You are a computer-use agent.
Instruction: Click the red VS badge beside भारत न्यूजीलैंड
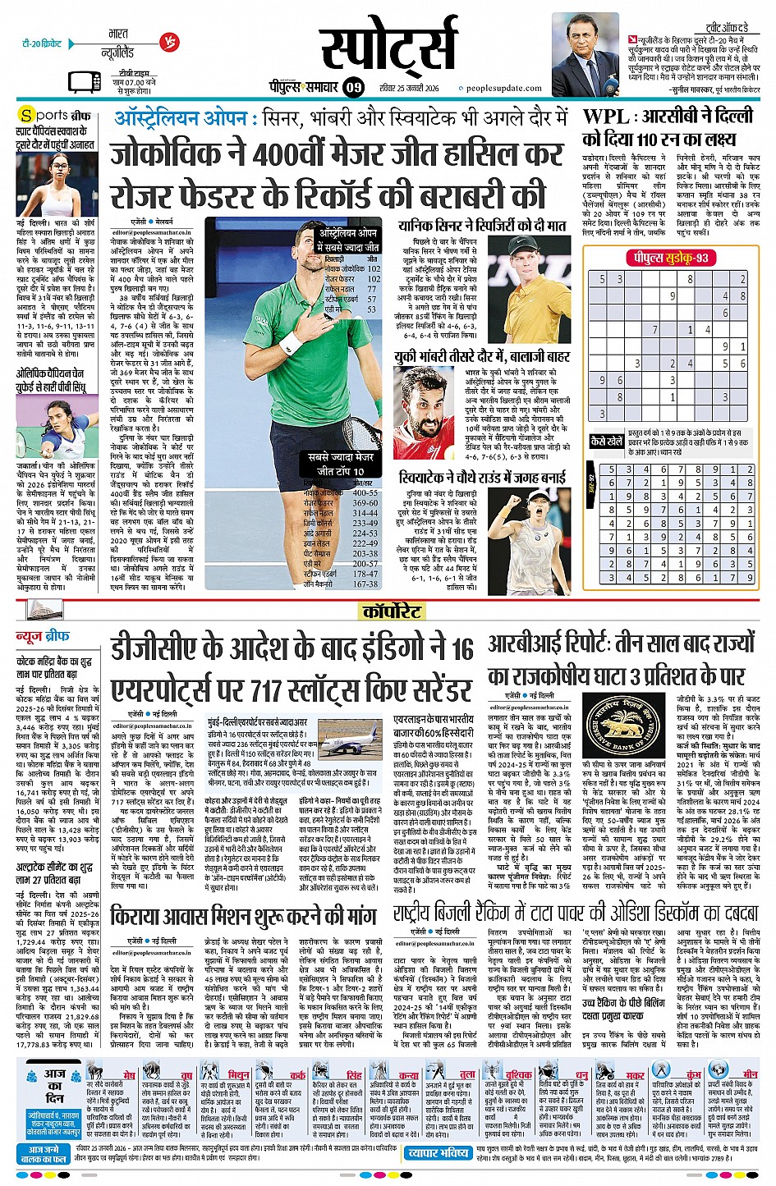pos(169,43)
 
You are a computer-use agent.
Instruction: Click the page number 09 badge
pos(353,87)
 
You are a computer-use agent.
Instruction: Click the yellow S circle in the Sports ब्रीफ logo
pos(27,116)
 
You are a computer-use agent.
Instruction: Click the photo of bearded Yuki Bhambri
pos(421,415)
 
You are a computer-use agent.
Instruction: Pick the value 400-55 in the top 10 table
pos(365,493)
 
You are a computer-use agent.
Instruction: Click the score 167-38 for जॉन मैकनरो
pos(365,584)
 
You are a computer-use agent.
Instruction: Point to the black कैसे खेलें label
pos(607,442)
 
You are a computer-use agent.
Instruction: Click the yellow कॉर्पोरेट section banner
pos(393,611)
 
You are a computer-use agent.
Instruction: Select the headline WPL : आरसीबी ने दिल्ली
pos(668,117)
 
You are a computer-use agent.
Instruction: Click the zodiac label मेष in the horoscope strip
pos(129,1074)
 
